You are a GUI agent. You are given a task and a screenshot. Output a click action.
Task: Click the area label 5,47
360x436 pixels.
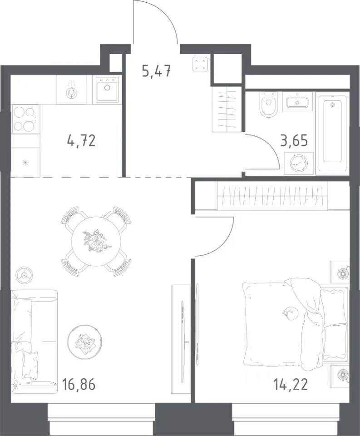coord(156,72)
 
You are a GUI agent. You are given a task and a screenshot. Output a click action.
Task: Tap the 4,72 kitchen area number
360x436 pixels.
coord(81,141)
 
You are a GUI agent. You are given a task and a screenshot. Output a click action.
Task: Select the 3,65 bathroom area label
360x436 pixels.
coord(294,141)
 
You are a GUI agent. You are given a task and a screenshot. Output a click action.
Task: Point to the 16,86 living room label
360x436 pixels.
coord(79,385)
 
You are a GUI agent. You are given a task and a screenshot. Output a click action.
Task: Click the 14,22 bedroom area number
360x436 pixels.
coord(291,385)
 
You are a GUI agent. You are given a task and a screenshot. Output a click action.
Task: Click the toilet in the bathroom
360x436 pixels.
coord(268,105)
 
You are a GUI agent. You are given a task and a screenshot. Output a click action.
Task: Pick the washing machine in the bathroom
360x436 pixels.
coord(298,163)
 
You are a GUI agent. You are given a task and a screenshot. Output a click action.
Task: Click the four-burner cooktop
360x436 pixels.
coord(25,119)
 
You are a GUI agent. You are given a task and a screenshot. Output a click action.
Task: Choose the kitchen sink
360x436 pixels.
coord(107,89)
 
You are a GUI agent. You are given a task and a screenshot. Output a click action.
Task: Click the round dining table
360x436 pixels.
coord(96,241)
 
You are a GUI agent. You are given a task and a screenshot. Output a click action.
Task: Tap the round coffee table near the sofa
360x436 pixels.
coord(85,342)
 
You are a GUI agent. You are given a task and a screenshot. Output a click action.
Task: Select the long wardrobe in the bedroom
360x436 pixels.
coord(272,196)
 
